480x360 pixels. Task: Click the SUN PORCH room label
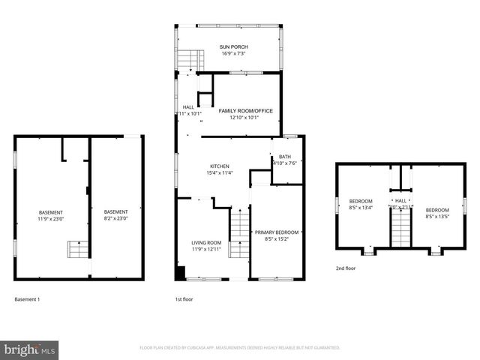point(233,47)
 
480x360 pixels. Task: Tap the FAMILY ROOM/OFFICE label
point(245,111)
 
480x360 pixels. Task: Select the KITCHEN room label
point(219,166)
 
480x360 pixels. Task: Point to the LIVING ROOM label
point(207,242)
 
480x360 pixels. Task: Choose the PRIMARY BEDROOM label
point(277,233)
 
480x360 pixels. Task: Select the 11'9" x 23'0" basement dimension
point(51,219)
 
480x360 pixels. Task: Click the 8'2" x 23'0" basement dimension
point(115,219)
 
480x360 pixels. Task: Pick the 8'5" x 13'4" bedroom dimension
point(361,208)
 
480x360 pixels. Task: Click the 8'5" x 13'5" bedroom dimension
point(437,217)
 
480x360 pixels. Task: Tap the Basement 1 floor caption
point(28,299)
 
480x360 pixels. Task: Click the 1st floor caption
point(184,299)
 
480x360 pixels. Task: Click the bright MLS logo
point(30,349)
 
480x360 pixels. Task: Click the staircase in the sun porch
point(194,59)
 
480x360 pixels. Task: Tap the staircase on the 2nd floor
point(400,226)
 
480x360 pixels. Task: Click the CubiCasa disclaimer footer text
point(240,348)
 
